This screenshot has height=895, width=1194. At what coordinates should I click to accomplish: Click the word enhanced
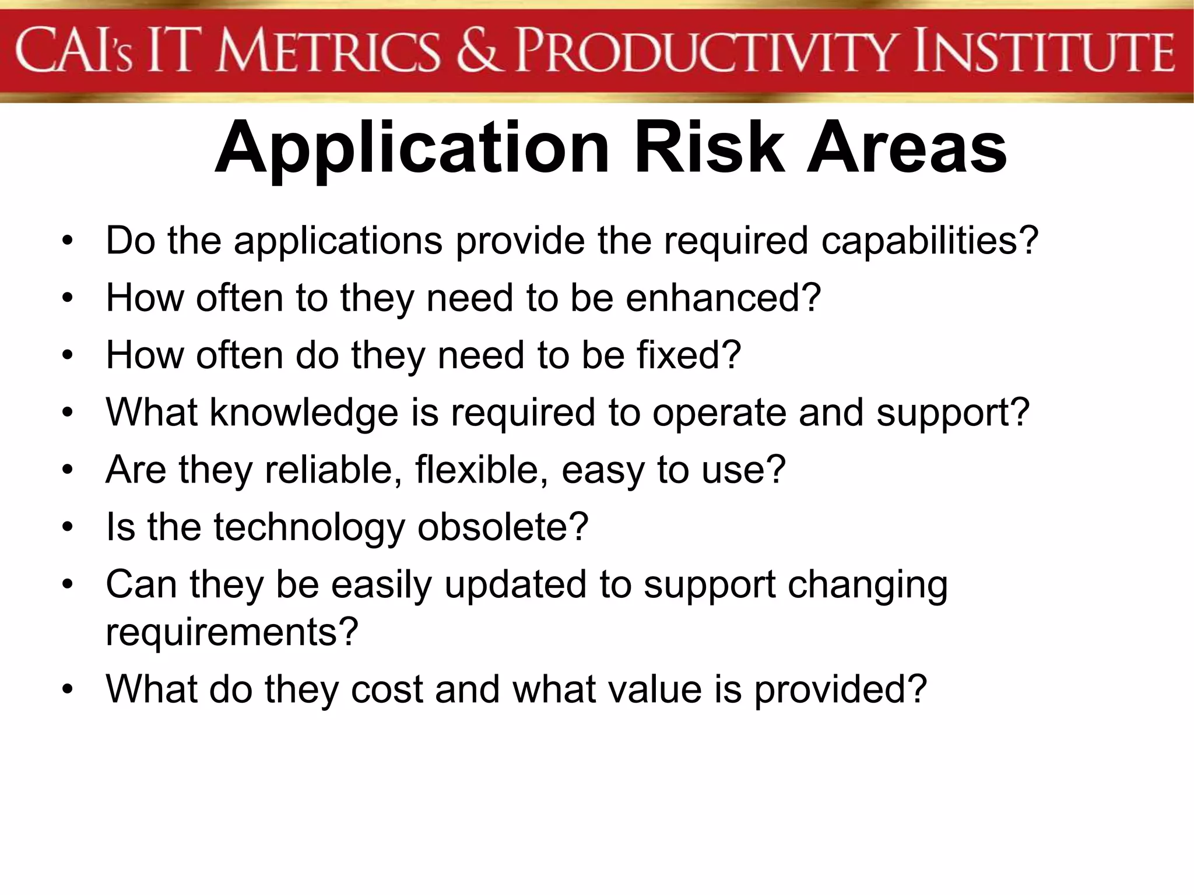pyautogui.click(x=723, y=298)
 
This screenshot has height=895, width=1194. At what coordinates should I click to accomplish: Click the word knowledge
pyautogui.click(x=304, y=413)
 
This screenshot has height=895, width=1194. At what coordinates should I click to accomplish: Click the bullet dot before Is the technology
pyautogui.click(x=68, y=527)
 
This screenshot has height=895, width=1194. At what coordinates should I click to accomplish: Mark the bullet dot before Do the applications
pyautogui.click(x=68, y=241)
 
